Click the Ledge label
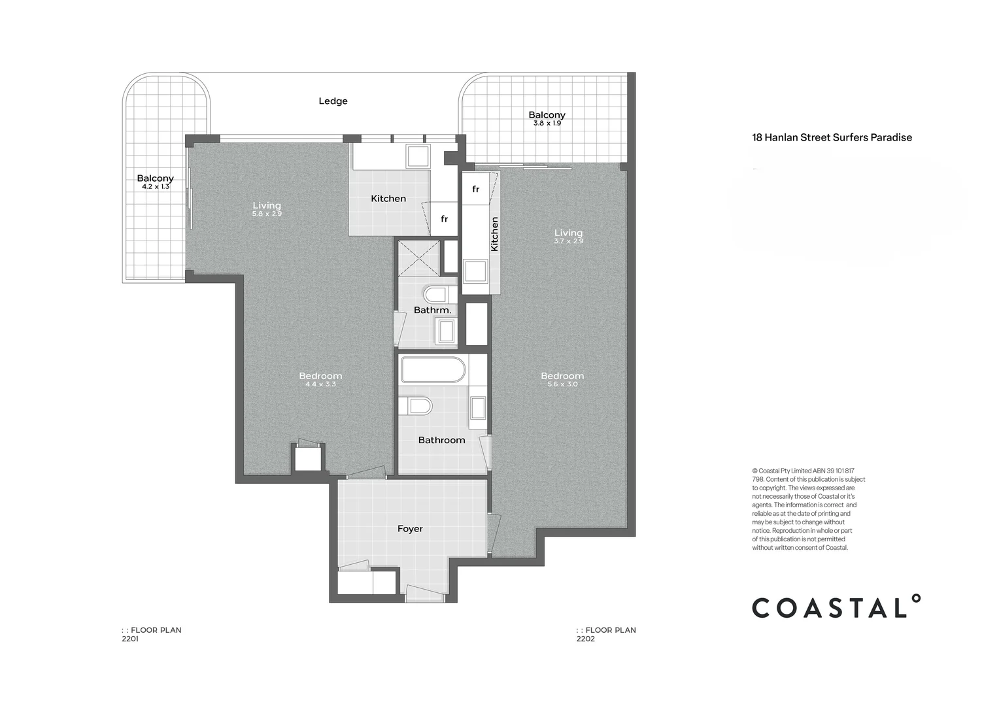pyautogui.click(x=333, y=101)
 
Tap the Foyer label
pyautogui.click(x=410, y=529)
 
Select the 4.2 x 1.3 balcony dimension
pyautogui.click(x=156, y=187)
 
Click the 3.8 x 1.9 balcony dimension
pyautogui.click(x=547, y=124)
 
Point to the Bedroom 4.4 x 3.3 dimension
pyautogui.click(x=320, y=385)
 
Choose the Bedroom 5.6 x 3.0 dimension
pyautogui.click(x=562, y=385)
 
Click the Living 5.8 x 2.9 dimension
pyautogui.click(x=267, y=214)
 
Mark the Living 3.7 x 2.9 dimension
pyautogui.click(x=568, y=241)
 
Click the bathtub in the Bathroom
pyautogui.click(x=433, y=370)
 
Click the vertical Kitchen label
pyautogui.click(x=494, y=234)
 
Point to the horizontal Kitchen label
pyautogui.click(x=388, y=199)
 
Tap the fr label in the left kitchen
pyautogui.click(x=444, y=219)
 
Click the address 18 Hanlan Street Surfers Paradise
pyautogui.click(x=832, y=138)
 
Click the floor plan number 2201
pyautogui.click(x=130, y=639)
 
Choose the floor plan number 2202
pyautogui.click(x=585, y=639)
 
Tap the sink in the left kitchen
pyautogui.click(x=418, y=157)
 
